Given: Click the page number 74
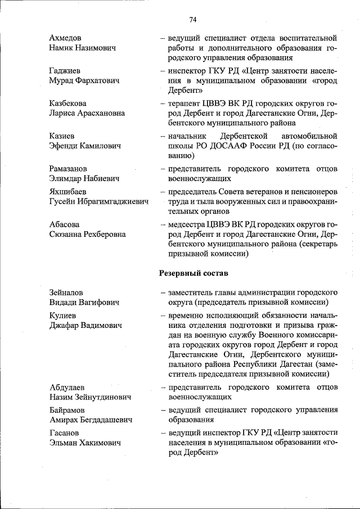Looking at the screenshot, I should click(192, 19).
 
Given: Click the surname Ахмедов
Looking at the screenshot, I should click(65, 38).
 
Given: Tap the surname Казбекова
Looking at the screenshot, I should click(67, 104).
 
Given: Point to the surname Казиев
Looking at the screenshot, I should click(61, 136).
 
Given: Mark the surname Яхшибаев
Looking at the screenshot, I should click(67, 191).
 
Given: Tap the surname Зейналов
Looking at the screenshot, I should click(66, 293).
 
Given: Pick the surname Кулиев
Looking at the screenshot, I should click(63, 316).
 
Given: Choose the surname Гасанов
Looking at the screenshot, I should click(64, 433).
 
